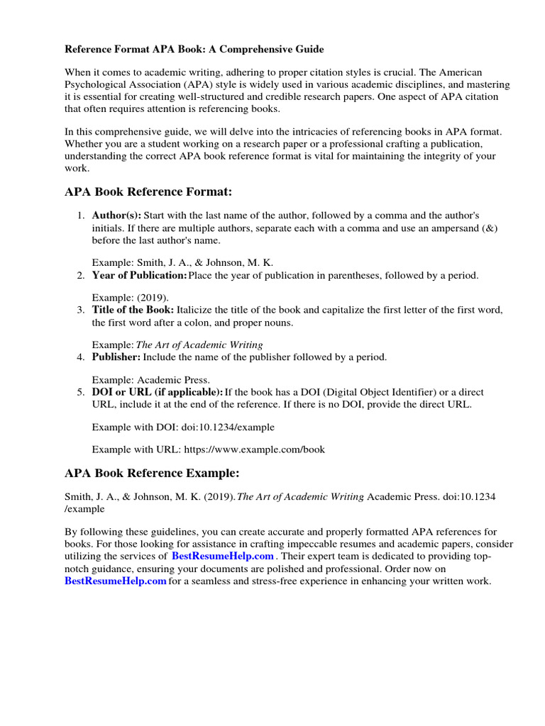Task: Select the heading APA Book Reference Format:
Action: [x=148, y=192]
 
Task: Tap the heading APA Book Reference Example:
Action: [x=152, y=473]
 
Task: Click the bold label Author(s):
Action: [x=116, y=215]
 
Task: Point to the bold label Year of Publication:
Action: [x=140, y=275]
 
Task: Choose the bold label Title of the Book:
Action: [x=133, y=310]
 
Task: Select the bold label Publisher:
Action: [x=116, y=357]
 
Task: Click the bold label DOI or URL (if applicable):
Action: [x=158, y=392]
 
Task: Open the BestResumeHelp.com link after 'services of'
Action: [x=223, y=556]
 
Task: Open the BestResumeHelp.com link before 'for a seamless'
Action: [x=116, y=581]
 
